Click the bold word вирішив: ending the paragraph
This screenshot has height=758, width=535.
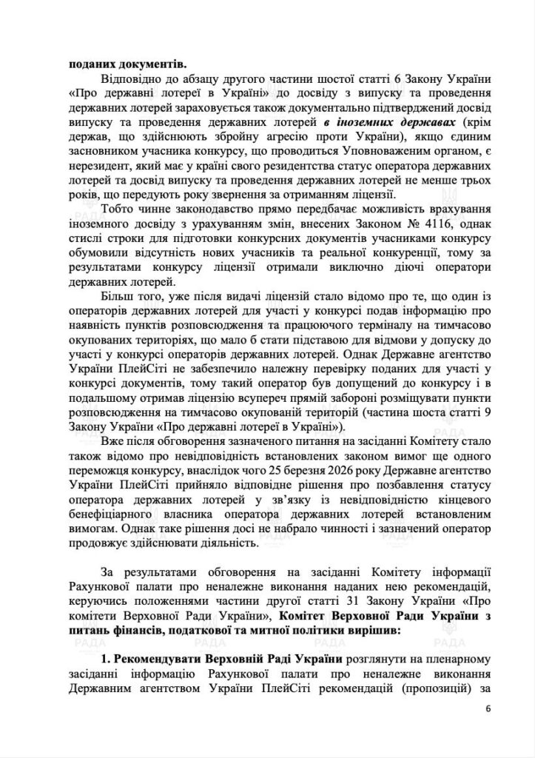363,631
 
